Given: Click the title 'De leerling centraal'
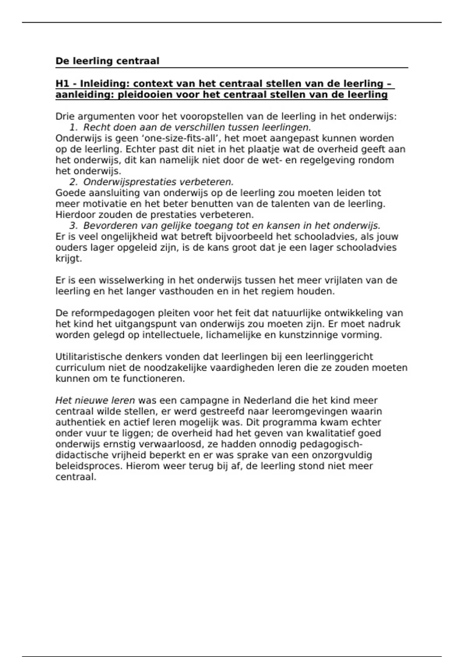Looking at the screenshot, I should tap(107, 61).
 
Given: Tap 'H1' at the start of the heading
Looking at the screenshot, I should tap(62, 84).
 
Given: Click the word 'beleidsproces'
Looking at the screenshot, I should tap(89, 466).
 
